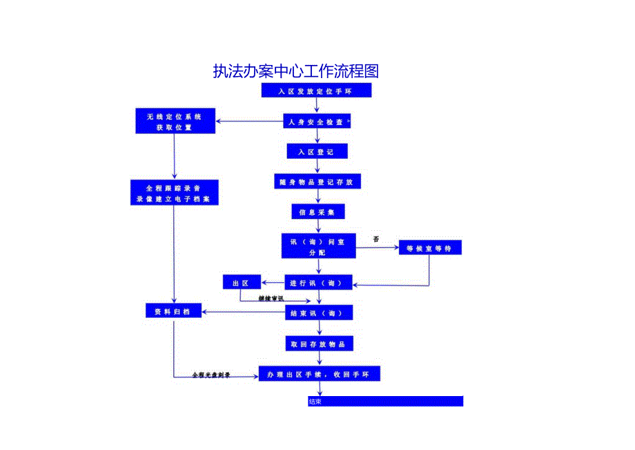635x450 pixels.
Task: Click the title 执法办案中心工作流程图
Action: point(296,71)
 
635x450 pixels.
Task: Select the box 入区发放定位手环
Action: point(316,91)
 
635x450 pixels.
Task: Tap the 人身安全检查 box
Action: point(317,122)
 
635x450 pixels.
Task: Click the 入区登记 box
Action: point(317,151)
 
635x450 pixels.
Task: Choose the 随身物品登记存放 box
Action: point(317,182)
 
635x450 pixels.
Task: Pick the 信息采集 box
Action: point(317,212)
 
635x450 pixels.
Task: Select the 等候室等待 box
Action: point(429,247)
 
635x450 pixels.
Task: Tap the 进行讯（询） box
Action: point(318,282)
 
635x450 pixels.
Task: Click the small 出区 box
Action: point(240,282)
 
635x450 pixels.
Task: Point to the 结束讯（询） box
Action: point(318,313)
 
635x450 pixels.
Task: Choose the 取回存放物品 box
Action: point(318,344)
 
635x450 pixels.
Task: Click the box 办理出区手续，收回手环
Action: point(319,374)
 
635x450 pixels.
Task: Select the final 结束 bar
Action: point(385,402)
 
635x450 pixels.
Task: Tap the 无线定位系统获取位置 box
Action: point(174,122)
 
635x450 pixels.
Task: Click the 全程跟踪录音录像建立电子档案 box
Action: point(174,193)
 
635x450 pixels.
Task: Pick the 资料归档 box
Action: point(173,312)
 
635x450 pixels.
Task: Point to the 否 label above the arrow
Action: point(376,239)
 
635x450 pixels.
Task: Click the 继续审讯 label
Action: point(271,298)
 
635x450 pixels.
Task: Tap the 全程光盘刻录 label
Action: point(211,375)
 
